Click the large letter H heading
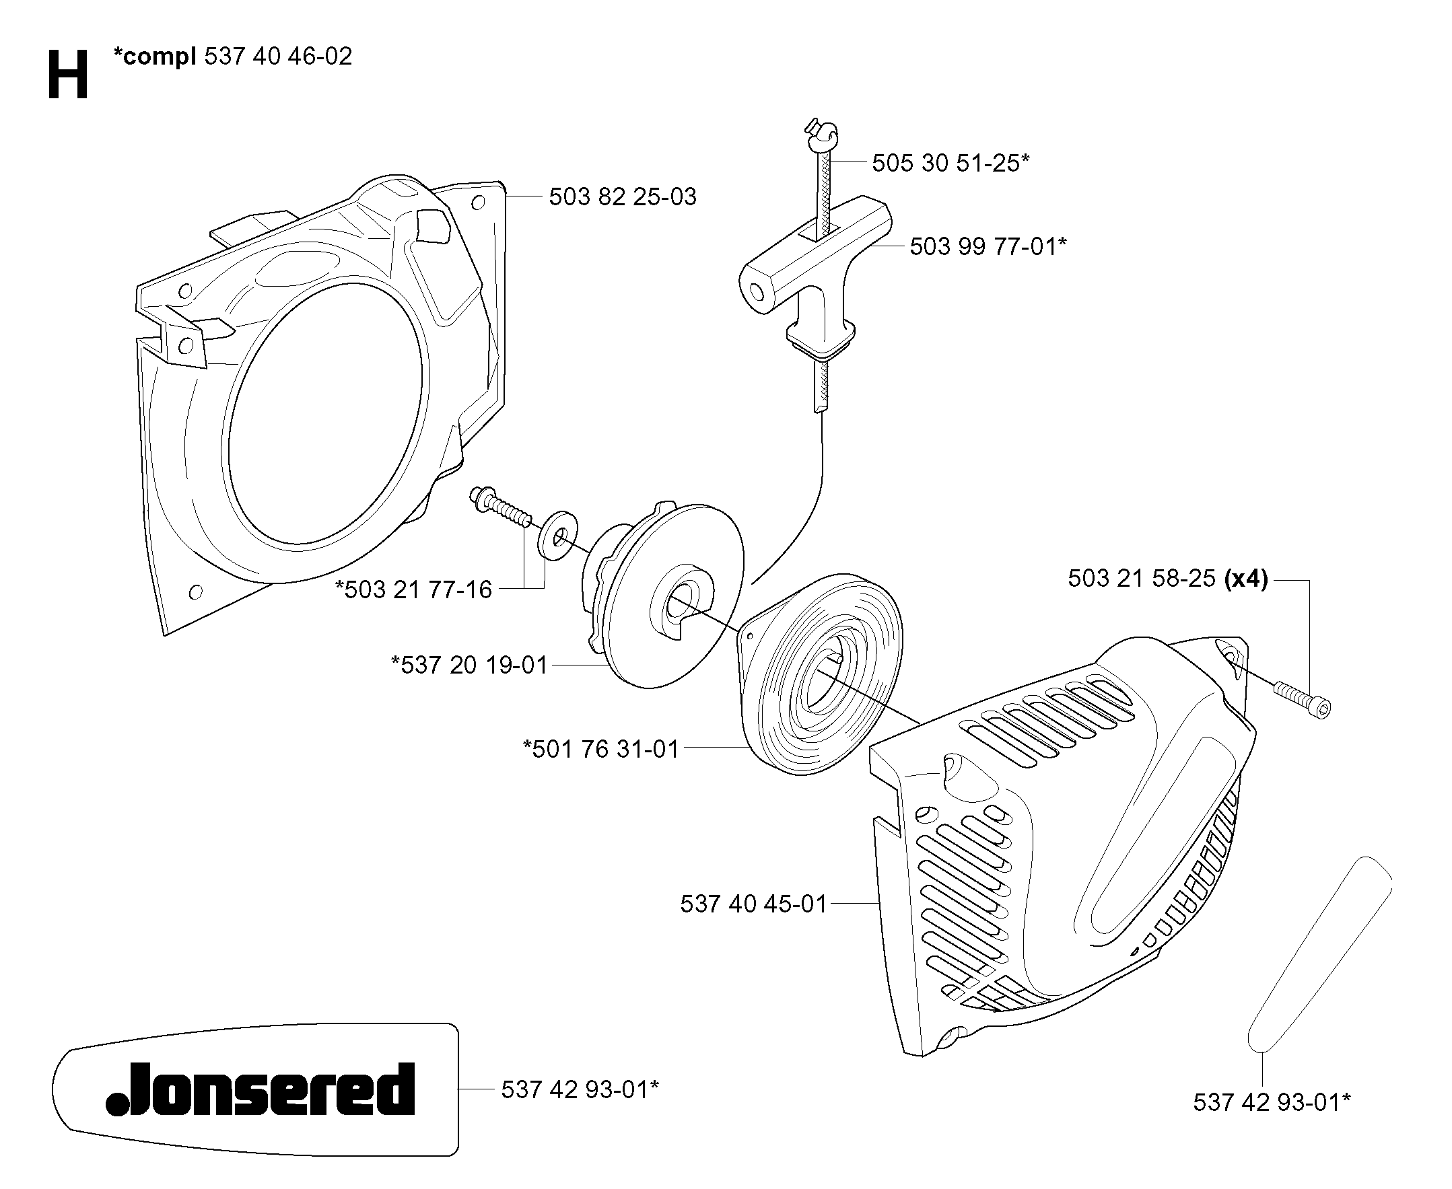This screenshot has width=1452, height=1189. pos(68,75)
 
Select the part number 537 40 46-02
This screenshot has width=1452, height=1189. pos(278,56)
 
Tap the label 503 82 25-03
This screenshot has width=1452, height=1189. pos(622,197)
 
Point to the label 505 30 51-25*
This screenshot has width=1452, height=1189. pos(950,163)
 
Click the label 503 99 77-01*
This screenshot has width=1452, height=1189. pos(988,246)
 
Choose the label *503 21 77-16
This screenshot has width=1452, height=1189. pos(414,589)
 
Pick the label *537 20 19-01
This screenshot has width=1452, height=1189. pos(469,665)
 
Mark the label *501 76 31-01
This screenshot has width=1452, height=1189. pos(601,750)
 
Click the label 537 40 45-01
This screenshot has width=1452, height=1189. pos(754,904)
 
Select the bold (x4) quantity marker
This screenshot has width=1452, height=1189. pos(1246,579)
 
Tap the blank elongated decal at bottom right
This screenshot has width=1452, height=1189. pos(1320,956)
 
